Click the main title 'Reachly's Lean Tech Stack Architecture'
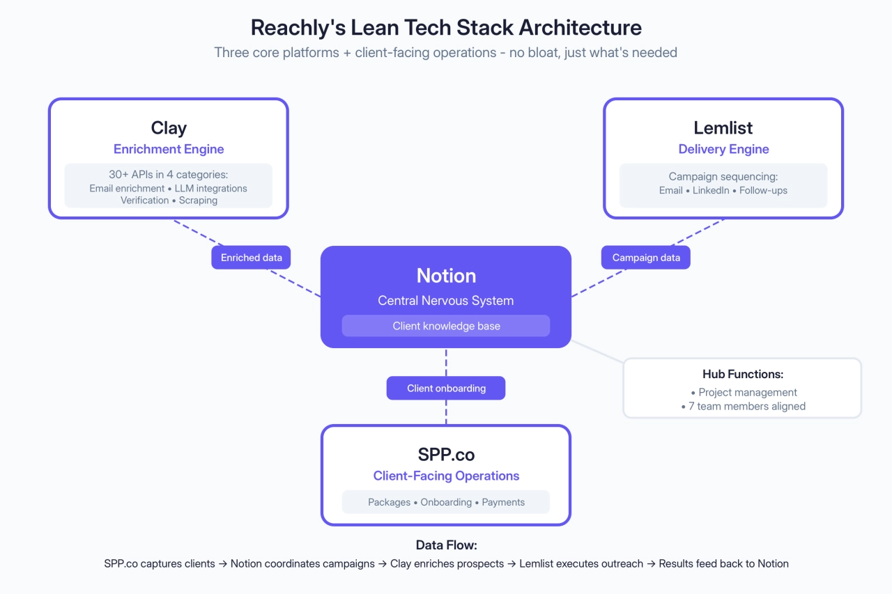pos(446,28)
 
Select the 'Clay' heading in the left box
pos(169,128)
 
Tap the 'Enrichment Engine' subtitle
pos(169,149)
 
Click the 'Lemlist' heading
pos(723,128)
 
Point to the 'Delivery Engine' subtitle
pos(723,149)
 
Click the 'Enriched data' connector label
pos(252,258)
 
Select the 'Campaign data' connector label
pos(646,258)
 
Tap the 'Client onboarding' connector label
pos(446,389)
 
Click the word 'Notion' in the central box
pos(446,276)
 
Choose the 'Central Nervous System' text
pos(446,301)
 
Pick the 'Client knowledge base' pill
pos(446,326)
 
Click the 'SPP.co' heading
pos(446,455)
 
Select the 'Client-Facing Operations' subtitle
pos(446,476)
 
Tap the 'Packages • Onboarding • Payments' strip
pos(446,502)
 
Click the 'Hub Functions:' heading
pos(743,375)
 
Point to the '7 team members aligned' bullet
pos(746,406)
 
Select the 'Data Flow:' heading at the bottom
pos(446,545)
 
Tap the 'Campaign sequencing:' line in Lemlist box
pos(723,177)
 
